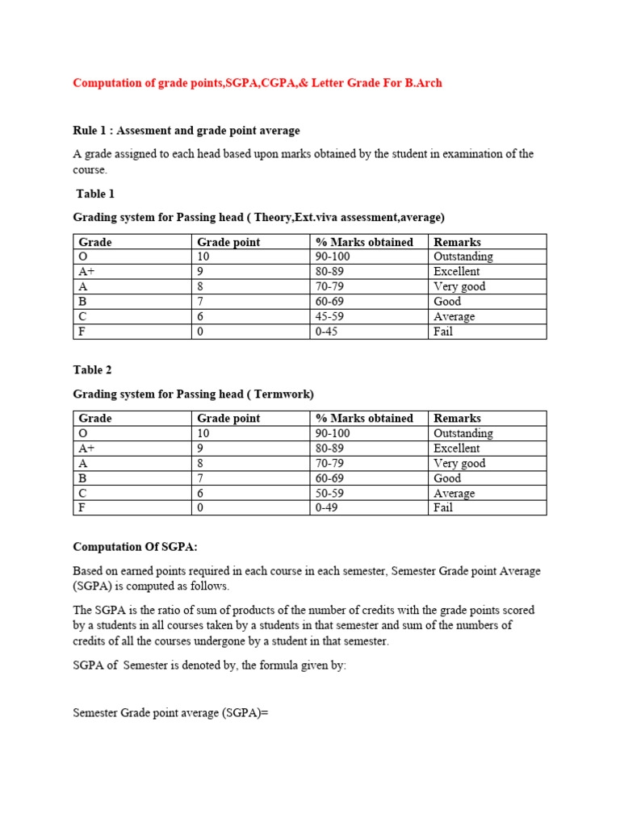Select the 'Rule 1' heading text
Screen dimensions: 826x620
(x=186, y=131)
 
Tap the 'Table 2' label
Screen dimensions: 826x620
(x=93, y=369)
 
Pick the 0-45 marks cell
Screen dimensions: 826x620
(x=325, y=332)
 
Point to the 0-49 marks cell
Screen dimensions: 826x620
(x=325, y=507)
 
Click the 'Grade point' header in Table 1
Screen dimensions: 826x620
(x=228, y=242)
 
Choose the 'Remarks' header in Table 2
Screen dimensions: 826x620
(x=457, y=418)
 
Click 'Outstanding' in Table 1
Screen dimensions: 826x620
(x=463, y=257)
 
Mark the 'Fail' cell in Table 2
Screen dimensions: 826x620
(x=443, y=507)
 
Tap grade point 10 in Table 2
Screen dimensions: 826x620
(x=203, y=433)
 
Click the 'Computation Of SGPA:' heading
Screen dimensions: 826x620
(x=135, y=547)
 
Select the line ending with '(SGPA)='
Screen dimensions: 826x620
(x=170, y=713)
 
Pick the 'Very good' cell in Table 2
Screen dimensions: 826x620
(x=459, y=463)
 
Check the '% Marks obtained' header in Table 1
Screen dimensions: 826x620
(x=364, y=242)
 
